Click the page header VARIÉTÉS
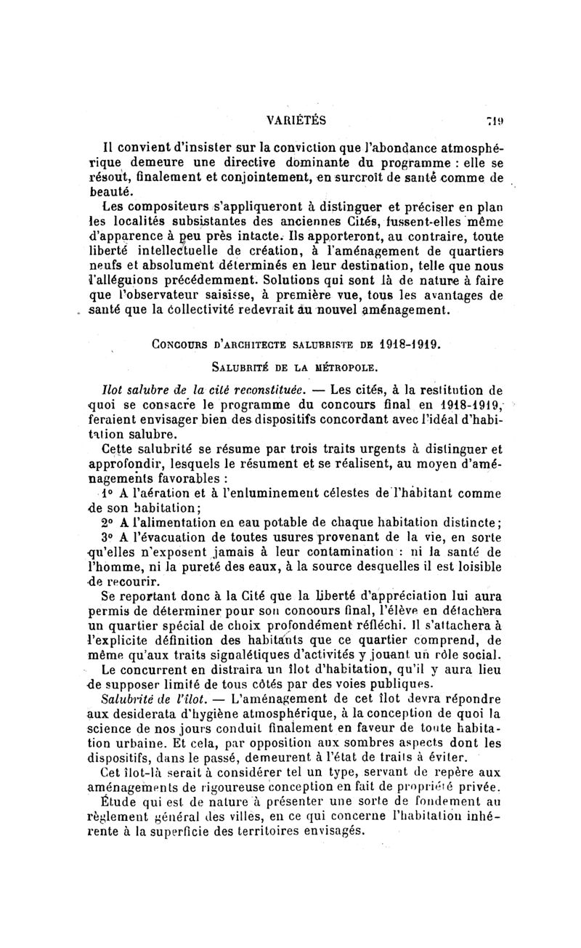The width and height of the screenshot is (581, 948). [296, 118]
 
